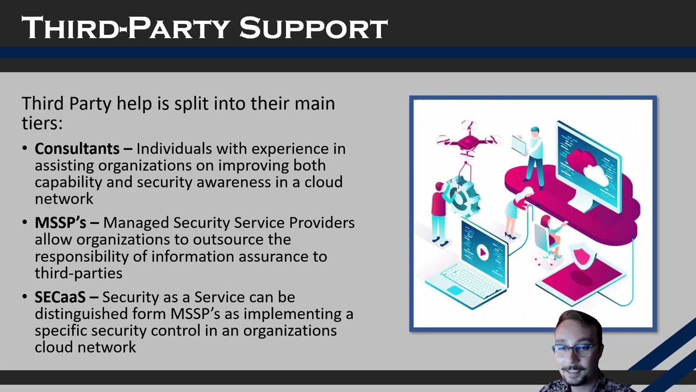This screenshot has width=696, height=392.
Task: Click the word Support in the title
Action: pyautogui.click(x=313, y=28)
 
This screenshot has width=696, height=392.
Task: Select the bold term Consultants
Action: pyautogui.click(x=77, y=149)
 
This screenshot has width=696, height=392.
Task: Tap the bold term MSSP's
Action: pyautogui.click(x=60, y=223)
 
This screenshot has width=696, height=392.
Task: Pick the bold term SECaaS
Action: pyautogui.click(x=60, y=297)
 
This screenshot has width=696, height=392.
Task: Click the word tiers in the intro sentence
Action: pyautogui.click(x=41, y=123)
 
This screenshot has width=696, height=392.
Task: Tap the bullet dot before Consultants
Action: pyautogui.click(x=26, y=149)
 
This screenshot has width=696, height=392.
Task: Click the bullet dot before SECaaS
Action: pyautogui.click(x=26, y=297)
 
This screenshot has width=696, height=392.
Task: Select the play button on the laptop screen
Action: pyautogui.click(x=482, y=252)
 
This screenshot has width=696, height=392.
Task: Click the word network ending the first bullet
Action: pyautogui.click(x=64, y=199)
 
